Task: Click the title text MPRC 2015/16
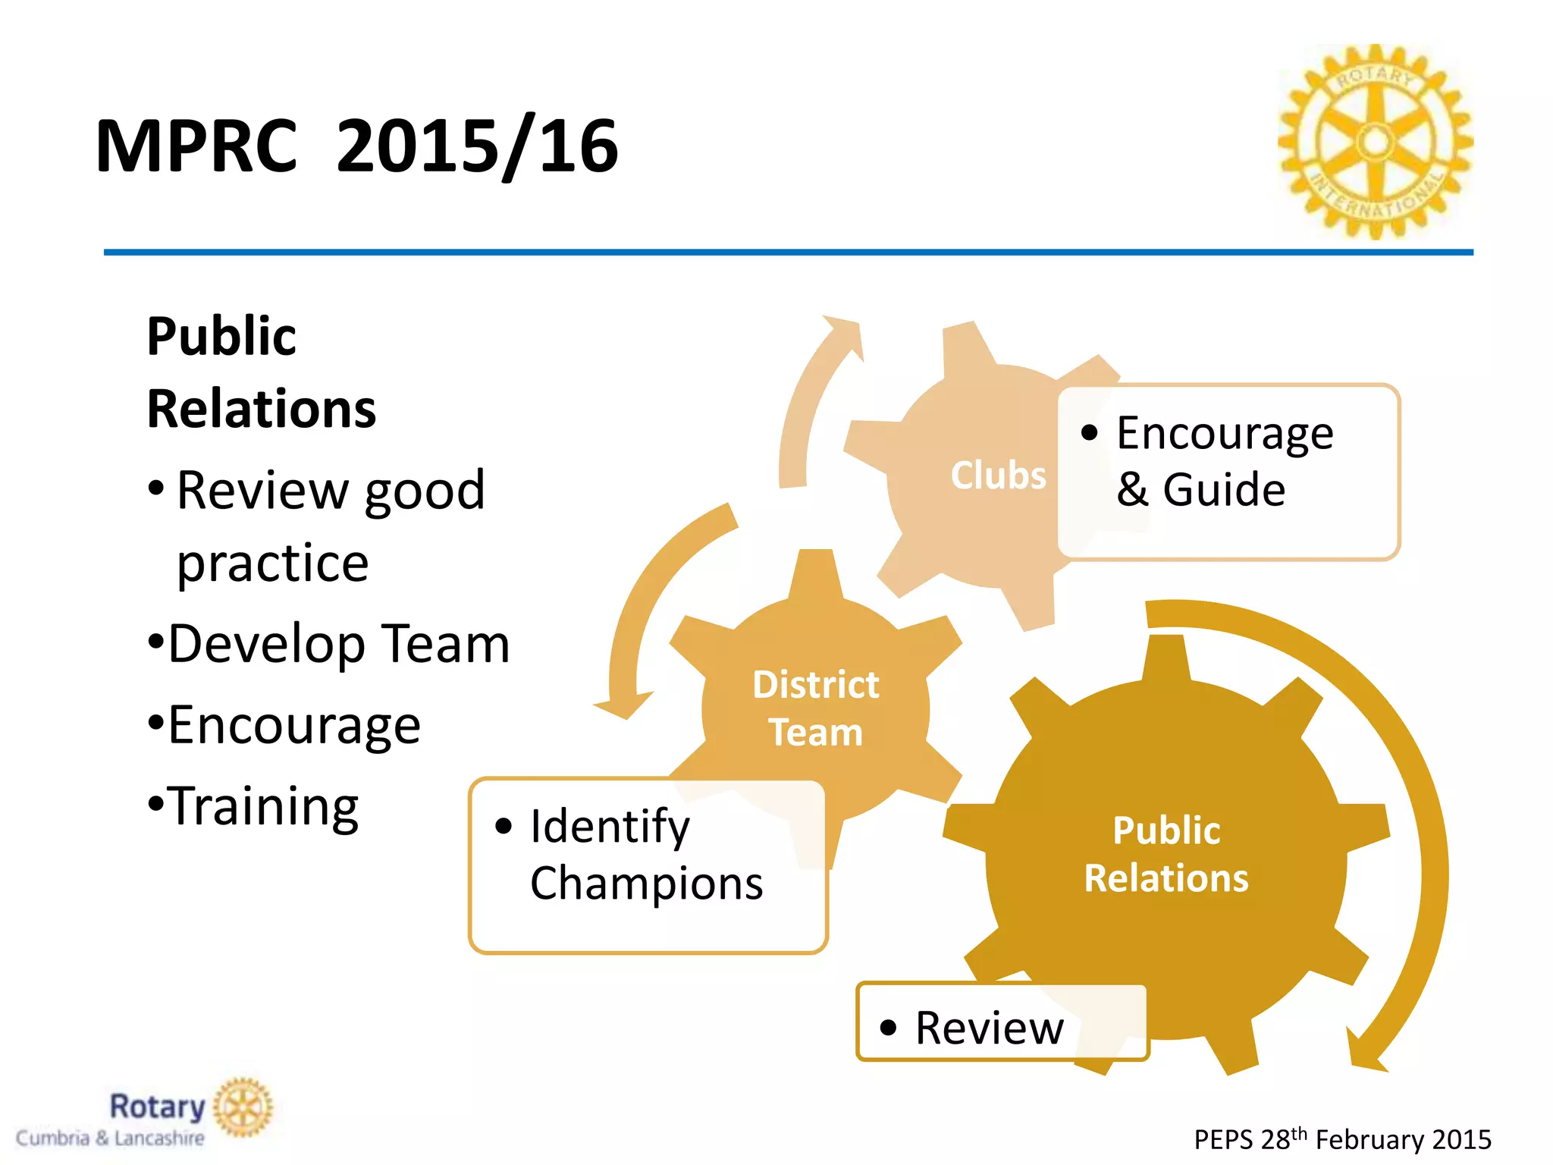pyautogui.click(x=356, y=146)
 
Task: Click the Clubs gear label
pyautogui.click(x=998, y=476)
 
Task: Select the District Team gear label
pyautogui.click(x=816, y=708)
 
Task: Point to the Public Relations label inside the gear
pyautogui.click(x=1166, y=854)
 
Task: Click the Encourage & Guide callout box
pyautogui.click(x=1228, y=472)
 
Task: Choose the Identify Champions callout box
pyautogui.click(x=648, y=865)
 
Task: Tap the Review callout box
pyautogui.click(x=1001, y=1022)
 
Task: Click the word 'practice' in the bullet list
pyautogui.click(x=273, y=563)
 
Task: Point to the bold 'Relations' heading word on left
pyautogui.click(x=262, y=409)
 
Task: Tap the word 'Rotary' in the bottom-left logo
pyautogui.click(x=158, y=1107)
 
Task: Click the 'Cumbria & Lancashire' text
pyautogui.click(x=110, y=1138)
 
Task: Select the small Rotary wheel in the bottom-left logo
pyautogui.click(x=243, y=1107)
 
